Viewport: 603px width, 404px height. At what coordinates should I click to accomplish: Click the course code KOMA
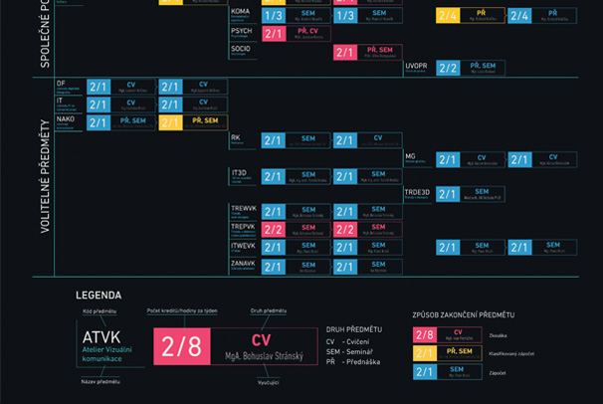240,11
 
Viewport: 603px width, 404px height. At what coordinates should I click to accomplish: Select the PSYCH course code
242,31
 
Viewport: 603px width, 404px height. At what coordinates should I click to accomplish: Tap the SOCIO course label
241,48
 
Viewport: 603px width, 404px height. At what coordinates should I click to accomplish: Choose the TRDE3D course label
417,192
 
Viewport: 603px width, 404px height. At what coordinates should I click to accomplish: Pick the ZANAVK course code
244,264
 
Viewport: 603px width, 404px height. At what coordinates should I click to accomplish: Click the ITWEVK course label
244,246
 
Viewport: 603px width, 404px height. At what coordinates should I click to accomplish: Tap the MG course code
410,155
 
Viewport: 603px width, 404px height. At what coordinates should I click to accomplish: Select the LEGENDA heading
99,296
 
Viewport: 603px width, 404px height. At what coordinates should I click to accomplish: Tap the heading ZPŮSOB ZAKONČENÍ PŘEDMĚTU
464,315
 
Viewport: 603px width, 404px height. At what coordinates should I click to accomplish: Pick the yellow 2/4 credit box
448,16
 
